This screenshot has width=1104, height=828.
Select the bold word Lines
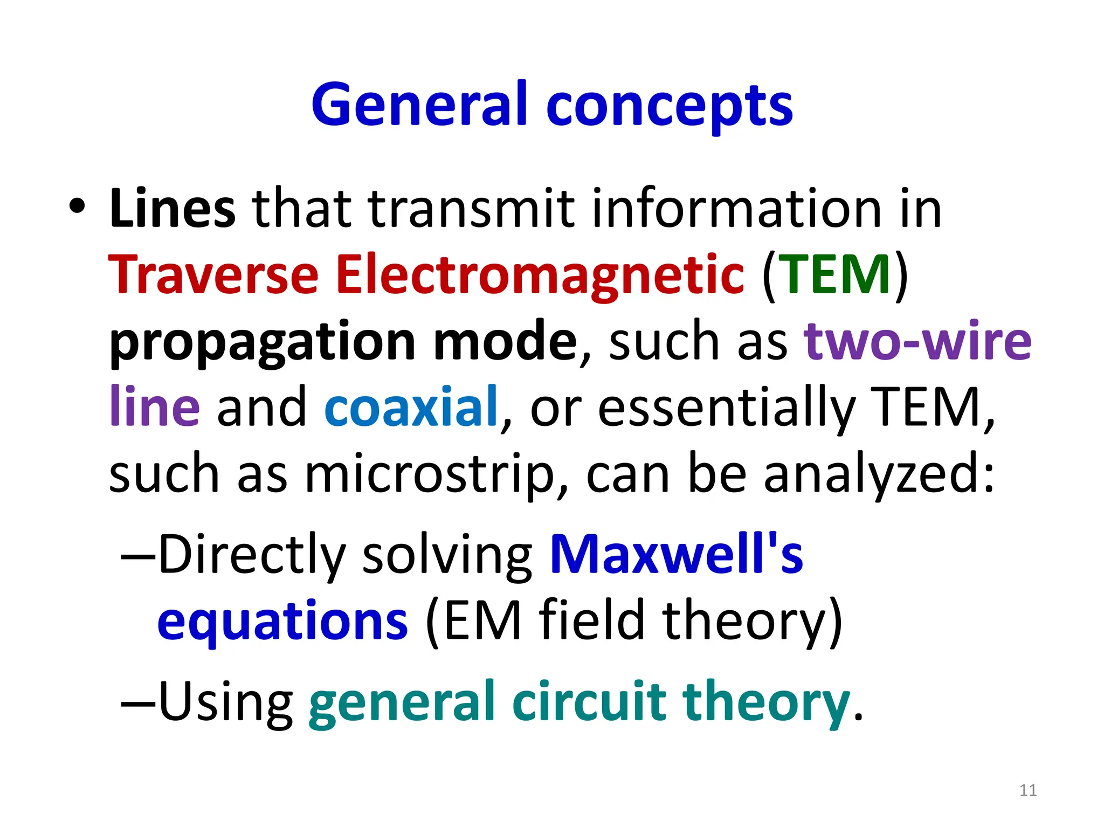(172, 209)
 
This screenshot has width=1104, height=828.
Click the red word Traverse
(213, 275)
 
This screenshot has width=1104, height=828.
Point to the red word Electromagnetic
(540, 276)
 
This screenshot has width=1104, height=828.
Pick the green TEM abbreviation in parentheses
(835, 275)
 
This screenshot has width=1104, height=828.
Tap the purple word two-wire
(917, 341)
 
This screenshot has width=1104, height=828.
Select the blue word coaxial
(411, 407)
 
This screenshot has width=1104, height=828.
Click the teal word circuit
(589, 701)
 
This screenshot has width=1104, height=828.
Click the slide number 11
(1028, 790)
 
